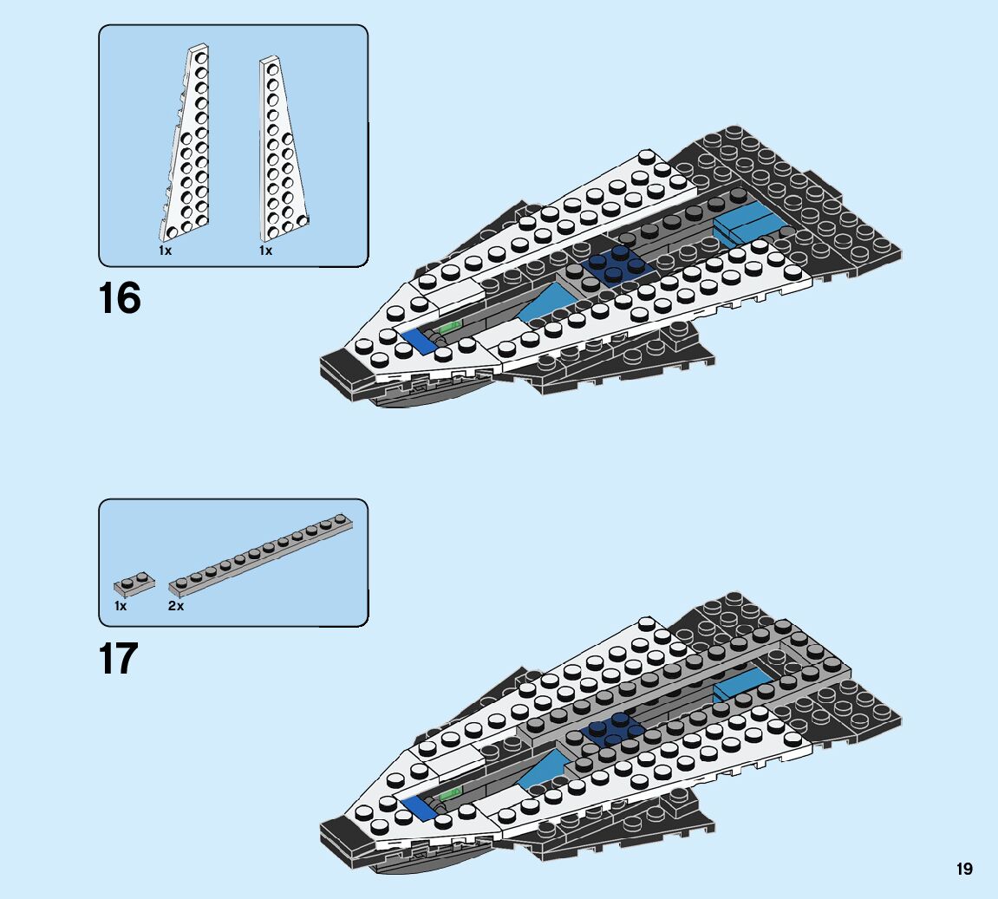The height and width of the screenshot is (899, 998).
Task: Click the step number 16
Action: tap(120, 299)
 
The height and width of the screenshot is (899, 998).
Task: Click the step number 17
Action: tap(119, 659)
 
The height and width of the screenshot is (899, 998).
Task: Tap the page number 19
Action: tap(965, 869)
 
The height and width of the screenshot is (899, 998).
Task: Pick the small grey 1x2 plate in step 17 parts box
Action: tap(134, 583)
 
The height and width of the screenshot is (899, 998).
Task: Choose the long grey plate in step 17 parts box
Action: tap(260, 555)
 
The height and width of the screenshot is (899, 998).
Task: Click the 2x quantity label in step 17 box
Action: tap(176, 606)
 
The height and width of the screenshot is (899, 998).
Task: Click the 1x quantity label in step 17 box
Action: tap(121, 606)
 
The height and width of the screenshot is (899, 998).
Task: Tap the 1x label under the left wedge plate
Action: tap(165, 251)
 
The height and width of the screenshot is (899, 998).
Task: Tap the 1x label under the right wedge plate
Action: tap(265, 251)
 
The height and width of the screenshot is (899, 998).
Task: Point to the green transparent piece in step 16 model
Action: tap(451, 327)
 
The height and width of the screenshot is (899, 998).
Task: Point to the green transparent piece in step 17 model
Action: tap(450, 792)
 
